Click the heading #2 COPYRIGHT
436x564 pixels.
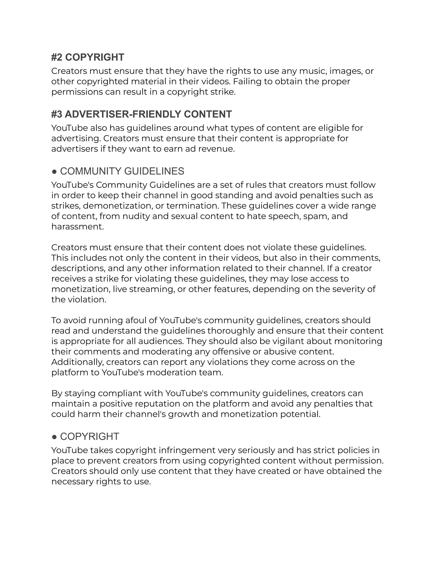click(x=87, y=57)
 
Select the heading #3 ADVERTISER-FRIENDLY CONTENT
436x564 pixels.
click(x=141, y=114)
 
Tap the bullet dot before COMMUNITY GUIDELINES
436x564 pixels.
click(x=54, y=172)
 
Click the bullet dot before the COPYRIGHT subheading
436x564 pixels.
click(x=54, y=437)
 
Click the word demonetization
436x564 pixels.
click(x=118, y=206)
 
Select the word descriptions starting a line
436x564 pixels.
click(x=78, y=268)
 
